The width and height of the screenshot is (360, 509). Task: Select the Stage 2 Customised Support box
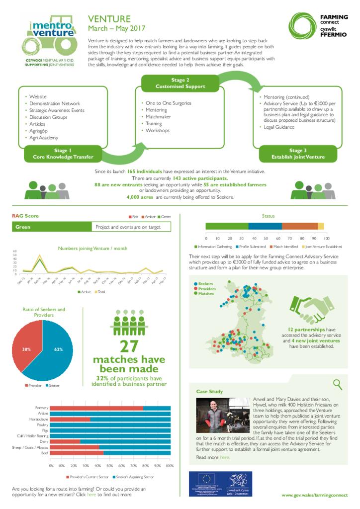point(180,83)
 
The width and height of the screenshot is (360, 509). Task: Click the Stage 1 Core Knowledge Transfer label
point(63,154)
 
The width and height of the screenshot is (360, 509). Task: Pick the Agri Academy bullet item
point(44,138)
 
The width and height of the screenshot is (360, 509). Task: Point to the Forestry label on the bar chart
point(42,408)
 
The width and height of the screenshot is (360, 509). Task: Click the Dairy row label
point(44,441)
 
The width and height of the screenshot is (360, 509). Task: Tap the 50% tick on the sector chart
point(110,466)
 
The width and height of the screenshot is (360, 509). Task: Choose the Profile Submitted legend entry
point(252,247)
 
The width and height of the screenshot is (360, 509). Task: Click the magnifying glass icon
point(338,384)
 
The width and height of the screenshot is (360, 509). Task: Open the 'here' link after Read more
point(225,457)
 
